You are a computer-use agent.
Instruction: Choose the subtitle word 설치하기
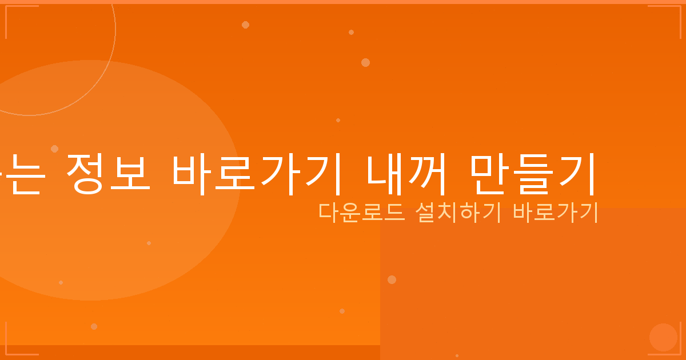[x=457, y=213]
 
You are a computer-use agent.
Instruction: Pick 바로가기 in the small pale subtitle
[x=555, y=213]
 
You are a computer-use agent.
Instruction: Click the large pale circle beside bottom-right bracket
[x=663, y=337]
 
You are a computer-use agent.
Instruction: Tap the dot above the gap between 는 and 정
[x=54, y=149]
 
